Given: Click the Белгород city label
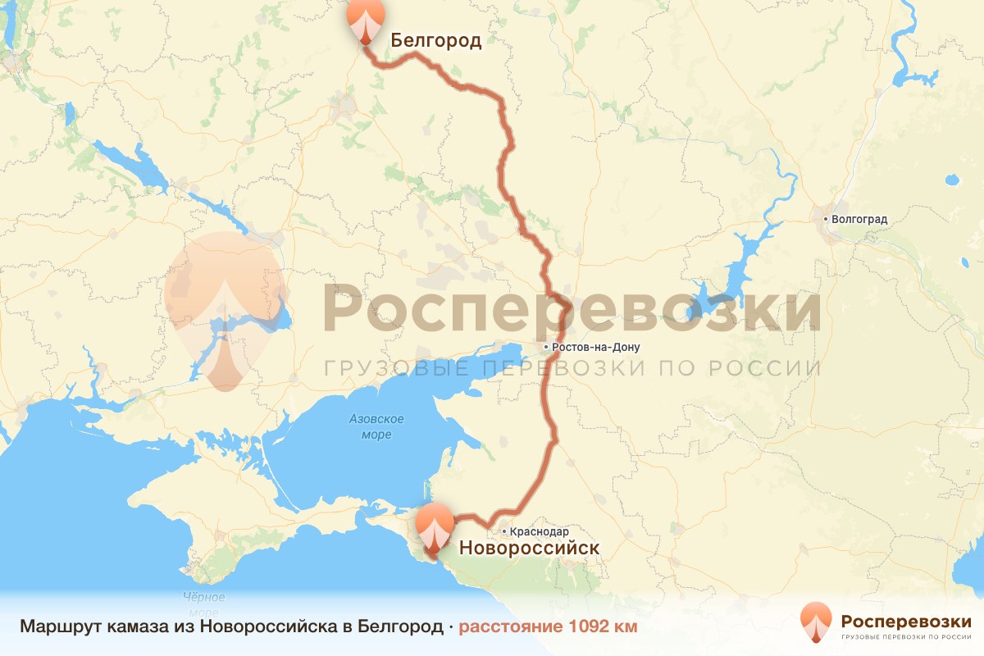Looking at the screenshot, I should [435, 40].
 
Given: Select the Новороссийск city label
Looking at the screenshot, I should [528, 548].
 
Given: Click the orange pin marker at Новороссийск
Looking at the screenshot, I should [434, 529].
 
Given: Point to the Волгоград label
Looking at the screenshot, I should [859, 220].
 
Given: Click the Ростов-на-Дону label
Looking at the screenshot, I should [596, 348].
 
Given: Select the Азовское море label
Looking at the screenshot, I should [376, 426].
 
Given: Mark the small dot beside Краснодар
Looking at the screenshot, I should [505, 532].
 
